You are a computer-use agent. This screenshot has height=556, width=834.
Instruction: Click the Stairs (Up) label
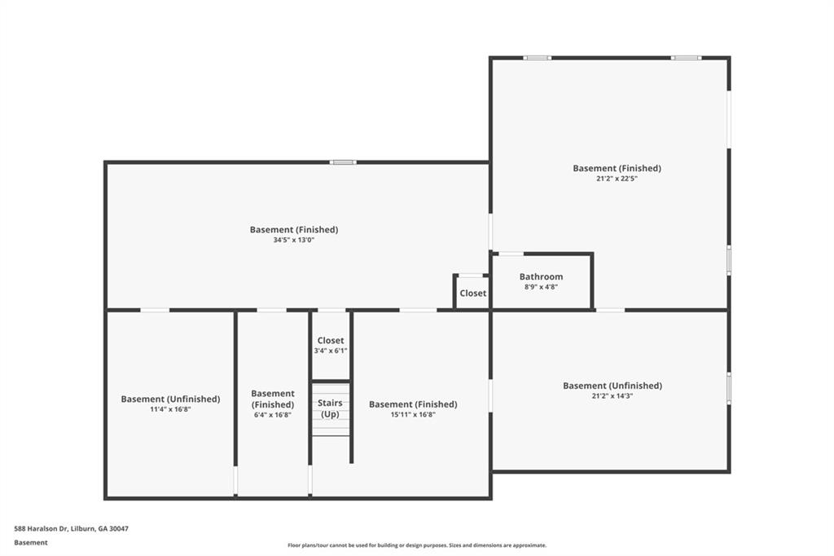[330, 408]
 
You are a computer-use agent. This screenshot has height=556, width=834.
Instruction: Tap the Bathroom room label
[541, 276]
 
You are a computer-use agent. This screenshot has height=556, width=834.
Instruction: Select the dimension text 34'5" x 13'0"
[293, 240]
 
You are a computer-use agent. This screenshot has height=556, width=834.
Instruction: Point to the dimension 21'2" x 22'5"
[617, 179]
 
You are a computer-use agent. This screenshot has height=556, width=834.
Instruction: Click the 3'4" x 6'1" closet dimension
[331, 351]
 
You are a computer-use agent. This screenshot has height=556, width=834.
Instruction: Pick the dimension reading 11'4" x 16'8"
[170, 409]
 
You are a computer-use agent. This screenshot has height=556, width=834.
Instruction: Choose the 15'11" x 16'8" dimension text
[413, 414]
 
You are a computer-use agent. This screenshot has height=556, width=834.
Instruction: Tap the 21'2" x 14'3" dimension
[612, 395]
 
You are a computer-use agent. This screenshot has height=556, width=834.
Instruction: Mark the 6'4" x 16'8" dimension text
[273, 415]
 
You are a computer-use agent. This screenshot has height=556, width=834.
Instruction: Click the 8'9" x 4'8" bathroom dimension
[541, 287]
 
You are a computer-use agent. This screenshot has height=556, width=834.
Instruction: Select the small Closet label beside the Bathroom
[472, 293]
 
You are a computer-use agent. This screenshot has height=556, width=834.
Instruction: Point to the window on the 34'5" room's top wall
[343, 162]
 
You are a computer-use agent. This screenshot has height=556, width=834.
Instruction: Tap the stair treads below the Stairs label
[331, 428]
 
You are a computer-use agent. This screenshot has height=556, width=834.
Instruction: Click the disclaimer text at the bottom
[416, 545]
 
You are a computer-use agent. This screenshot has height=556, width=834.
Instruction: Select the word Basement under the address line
[30, 542]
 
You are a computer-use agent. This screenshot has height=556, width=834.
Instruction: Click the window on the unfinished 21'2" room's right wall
[729, 388]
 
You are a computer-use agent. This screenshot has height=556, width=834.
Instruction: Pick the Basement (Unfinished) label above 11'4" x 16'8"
[170, 399]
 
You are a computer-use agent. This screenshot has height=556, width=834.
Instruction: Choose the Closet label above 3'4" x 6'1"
[331, 340]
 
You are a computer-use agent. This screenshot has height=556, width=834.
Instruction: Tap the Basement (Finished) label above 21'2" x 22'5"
[617, 168]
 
